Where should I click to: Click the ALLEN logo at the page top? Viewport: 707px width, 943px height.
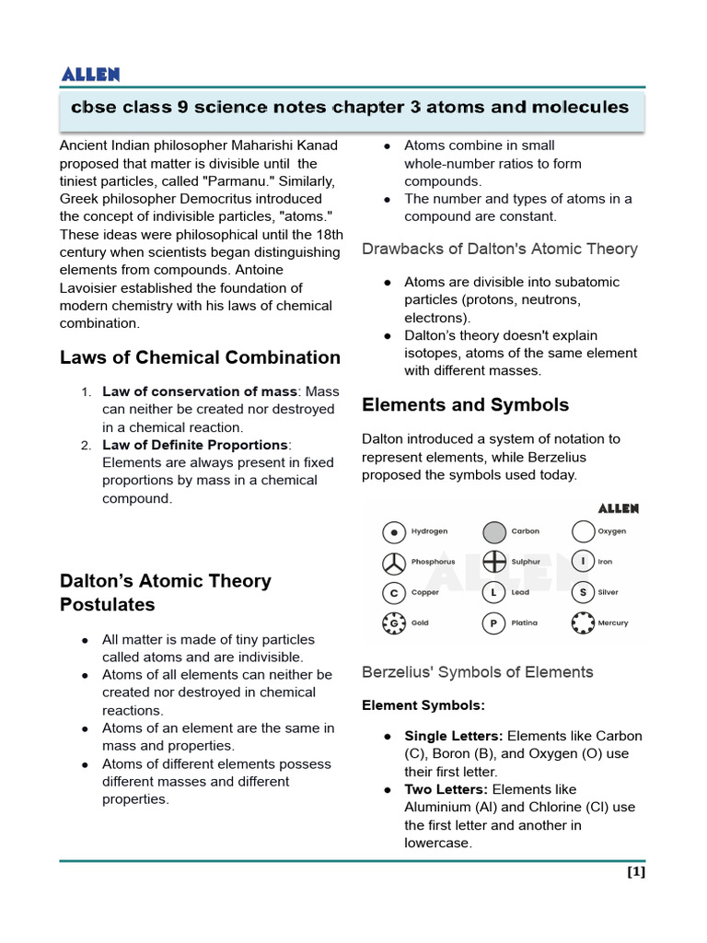click(x=89, y=75)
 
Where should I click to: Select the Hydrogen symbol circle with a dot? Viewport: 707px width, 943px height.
click(x=394, y=532)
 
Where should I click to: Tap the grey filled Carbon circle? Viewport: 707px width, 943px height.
click(x=494, y=532)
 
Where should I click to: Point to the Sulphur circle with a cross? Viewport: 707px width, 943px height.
click(x=494, y=562)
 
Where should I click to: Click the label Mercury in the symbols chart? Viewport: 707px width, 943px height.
click(x=613, y=623)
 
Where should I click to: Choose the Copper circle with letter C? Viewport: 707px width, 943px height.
click(x=394, y=593)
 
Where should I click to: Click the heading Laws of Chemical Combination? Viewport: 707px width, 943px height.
click(x=200, y=357)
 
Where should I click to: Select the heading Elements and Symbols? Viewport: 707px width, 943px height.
click(x=465, y=405)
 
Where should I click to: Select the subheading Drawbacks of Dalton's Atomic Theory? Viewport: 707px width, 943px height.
click(x=499, y=249)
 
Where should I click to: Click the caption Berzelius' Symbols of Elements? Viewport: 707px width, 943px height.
click(x=477, y=672)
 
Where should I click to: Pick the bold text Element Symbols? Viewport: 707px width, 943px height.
click(x=423, y=705)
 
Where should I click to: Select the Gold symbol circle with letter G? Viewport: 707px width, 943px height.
click(x=394, y=623)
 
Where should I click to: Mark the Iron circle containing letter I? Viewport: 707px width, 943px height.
click(x=583, y=562)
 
